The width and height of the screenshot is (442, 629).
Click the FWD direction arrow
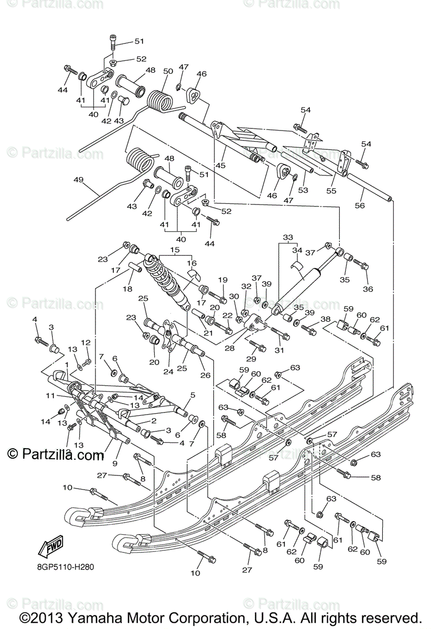click(50, 547)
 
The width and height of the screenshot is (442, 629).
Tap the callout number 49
click(79, 180)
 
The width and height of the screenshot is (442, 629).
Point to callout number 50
click(168, 71)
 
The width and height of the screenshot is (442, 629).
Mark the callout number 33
click(288, 237)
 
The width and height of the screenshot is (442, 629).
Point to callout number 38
click(325, 319)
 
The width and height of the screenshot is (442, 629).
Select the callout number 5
click(192, 395)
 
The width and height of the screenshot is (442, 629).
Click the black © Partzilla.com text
click(56, 454)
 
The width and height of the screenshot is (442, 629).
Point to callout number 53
click(303, 190)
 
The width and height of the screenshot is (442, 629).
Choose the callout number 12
click(85, 342)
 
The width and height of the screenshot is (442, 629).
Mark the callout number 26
click(207, 375)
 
